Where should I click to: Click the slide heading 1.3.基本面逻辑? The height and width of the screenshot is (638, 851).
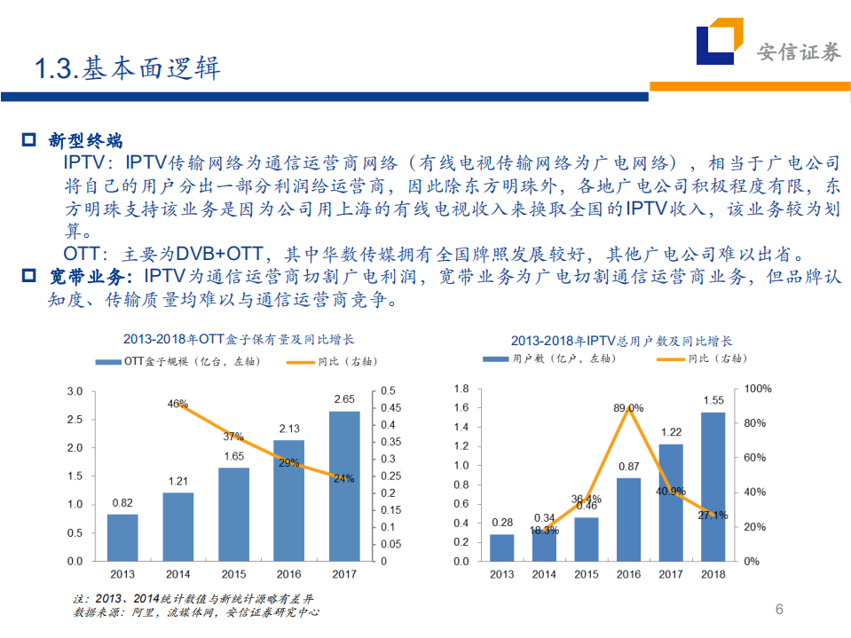(127, 68)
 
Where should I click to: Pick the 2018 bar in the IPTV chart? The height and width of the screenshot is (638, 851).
(713, 486)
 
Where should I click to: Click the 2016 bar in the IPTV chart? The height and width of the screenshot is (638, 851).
(628, 519)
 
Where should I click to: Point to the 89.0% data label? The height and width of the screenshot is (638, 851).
(628, 408)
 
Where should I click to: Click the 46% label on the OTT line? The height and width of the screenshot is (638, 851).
(177, 404)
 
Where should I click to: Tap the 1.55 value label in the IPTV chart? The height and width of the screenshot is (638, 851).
(713, 400)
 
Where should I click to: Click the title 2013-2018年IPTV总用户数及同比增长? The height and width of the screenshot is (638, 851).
(621, 341)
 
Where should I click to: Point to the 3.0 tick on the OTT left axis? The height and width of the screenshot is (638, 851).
(75, 391)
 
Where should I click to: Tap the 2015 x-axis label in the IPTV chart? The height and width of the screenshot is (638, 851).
(586, 574)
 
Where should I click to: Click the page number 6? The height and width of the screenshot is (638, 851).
(779, 610)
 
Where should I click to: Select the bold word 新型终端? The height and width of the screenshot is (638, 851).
(85, 140)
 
